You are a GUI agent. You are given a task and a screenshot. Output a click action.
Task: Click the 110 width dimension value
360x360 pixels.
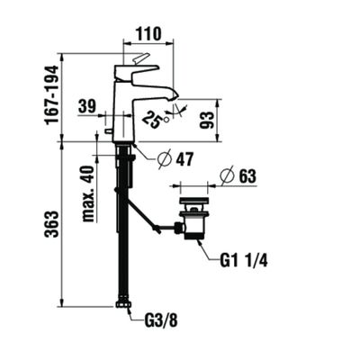(148, 35)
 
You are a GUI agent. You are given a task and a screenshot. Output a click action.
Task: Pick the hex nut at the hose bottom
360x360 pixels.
(122, 305)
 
